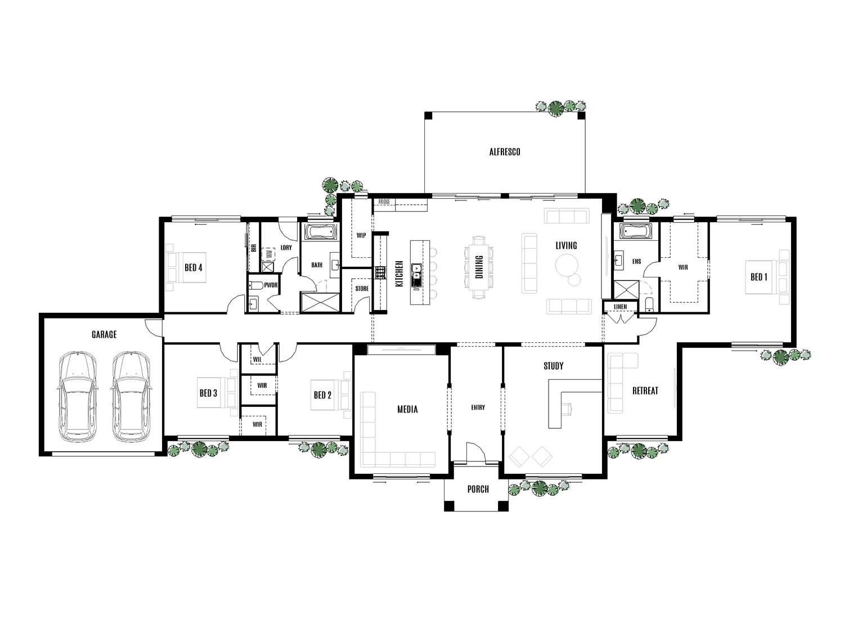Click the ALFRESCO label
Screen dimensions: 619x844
point(504,152)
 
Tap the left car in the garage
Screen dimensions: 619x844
point(77,397)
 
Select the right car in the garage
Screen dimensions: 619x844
point(130,397)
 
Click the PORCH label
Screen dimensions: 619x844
point(478,489)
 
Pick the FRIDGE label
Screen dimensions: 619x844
point(384,201)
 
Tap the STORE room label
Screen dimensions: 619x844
point(362,289)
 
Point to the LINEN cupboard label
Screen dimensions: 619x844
point(620,307)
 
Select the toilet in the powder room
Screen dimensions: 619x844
point(254,285)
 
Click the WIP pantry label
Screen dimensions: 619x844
point(361,236)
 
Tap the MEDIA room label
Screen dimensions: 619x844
point(407,409)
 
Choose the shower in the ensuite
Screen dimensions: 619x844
point(623,291)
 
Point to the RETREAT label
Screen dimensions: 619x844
point(645,391)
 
